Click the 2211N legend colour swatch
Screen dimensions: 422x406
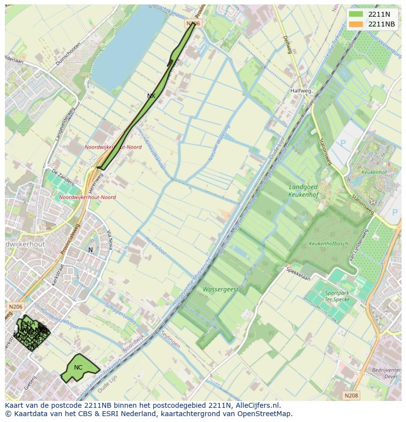tap(356, 14)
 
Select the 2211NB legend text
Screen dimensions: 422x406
tap(382, 24)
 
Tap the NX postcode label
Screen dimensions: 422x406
tap(151, 96)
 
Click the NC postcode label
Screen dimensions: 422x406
tap(78, 368)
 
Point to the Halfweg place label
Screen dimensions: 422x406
tap(300, 91)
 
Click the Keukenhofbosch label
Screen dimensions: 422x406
tap(328, 244)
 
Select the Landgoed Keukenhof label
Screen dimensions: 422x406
tap(303, 191)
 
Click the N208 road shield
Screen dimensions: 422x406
tap(351, 396)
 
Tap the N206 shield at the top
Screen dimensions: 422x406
tap(193, 23)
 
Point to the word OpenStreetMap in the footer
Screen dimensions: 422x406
tap(267, 414)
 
